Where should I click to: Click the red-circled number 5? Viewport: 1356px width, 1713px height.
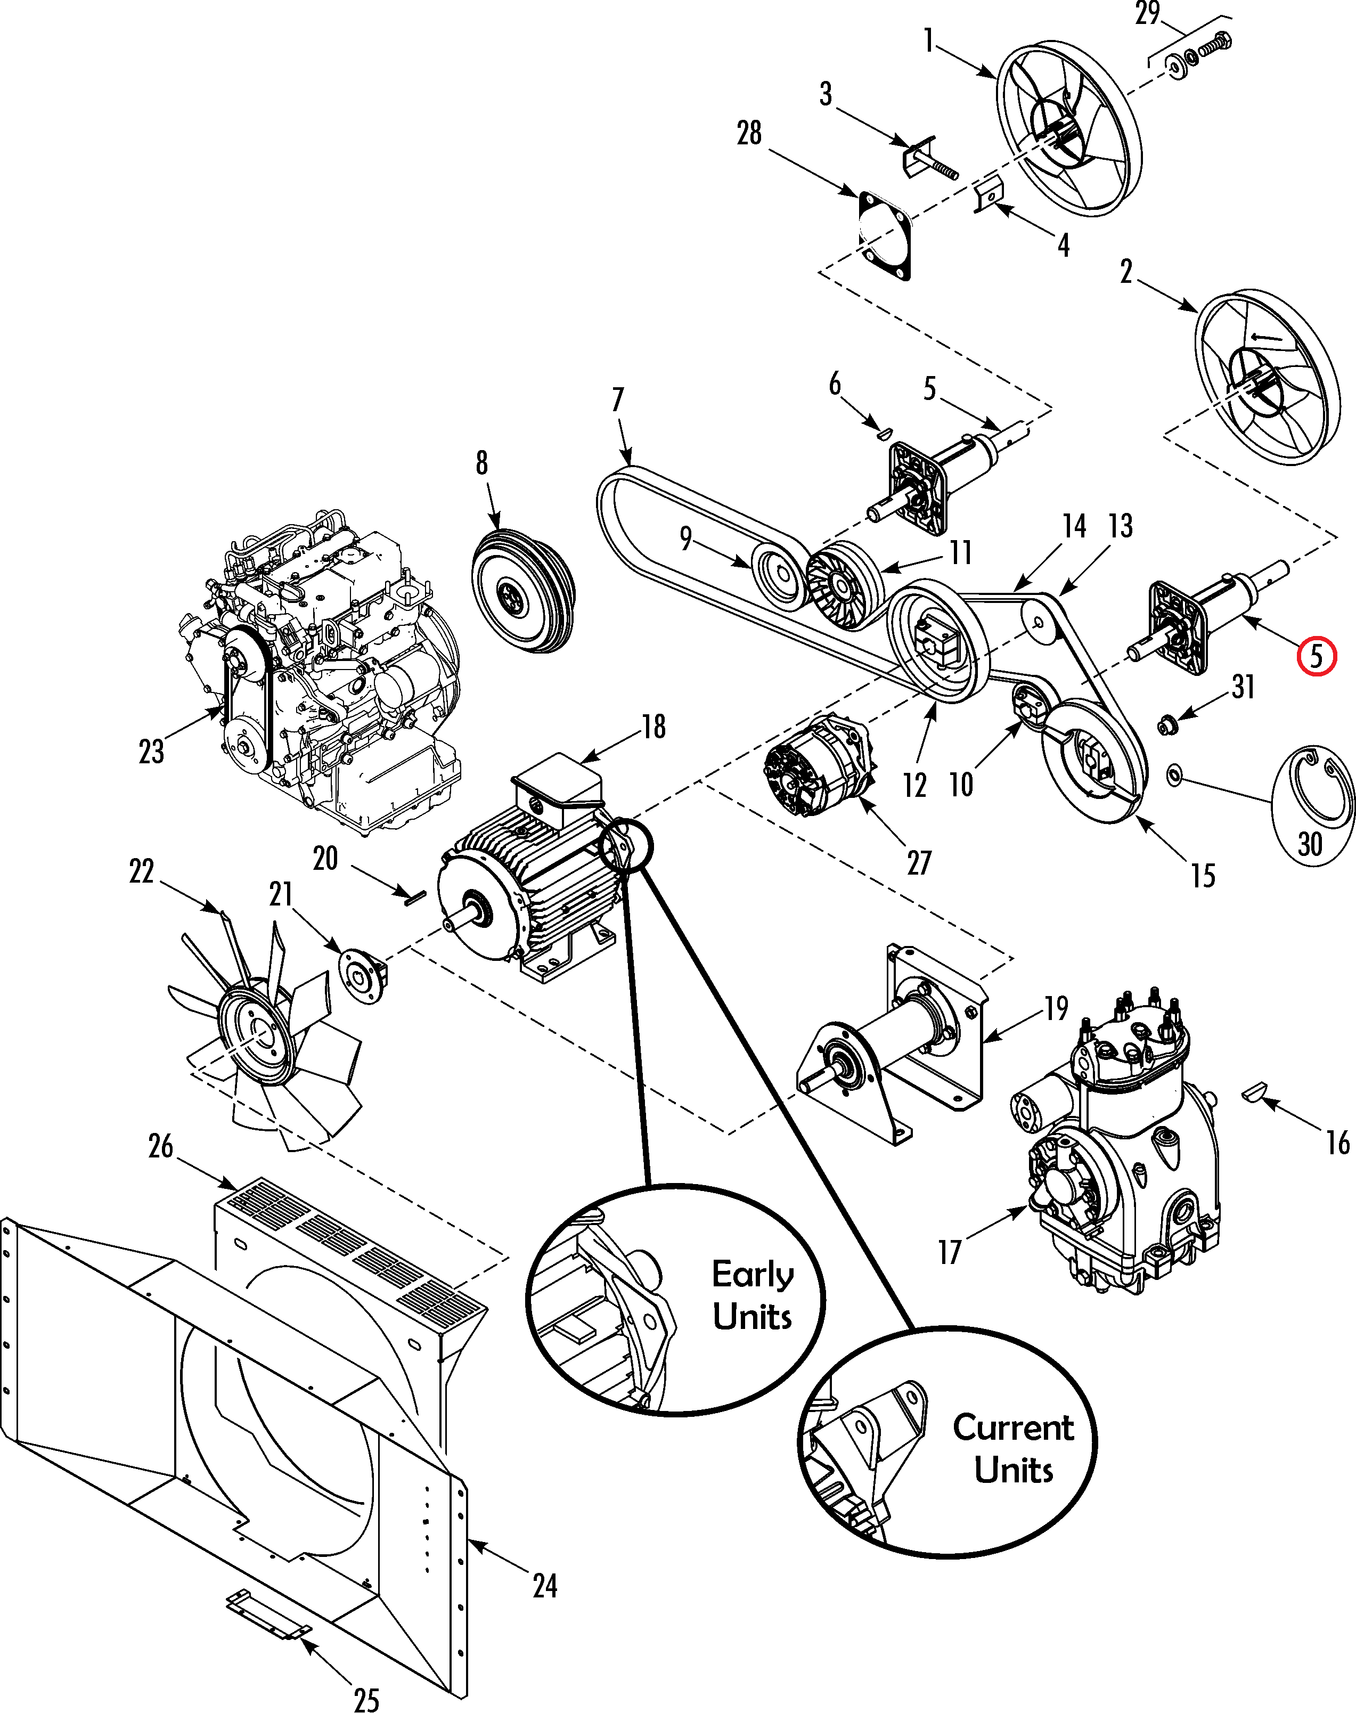(x=1316, y=657)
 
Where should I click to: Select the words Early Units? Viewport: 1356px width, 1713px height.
(x=752, y=1295)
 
